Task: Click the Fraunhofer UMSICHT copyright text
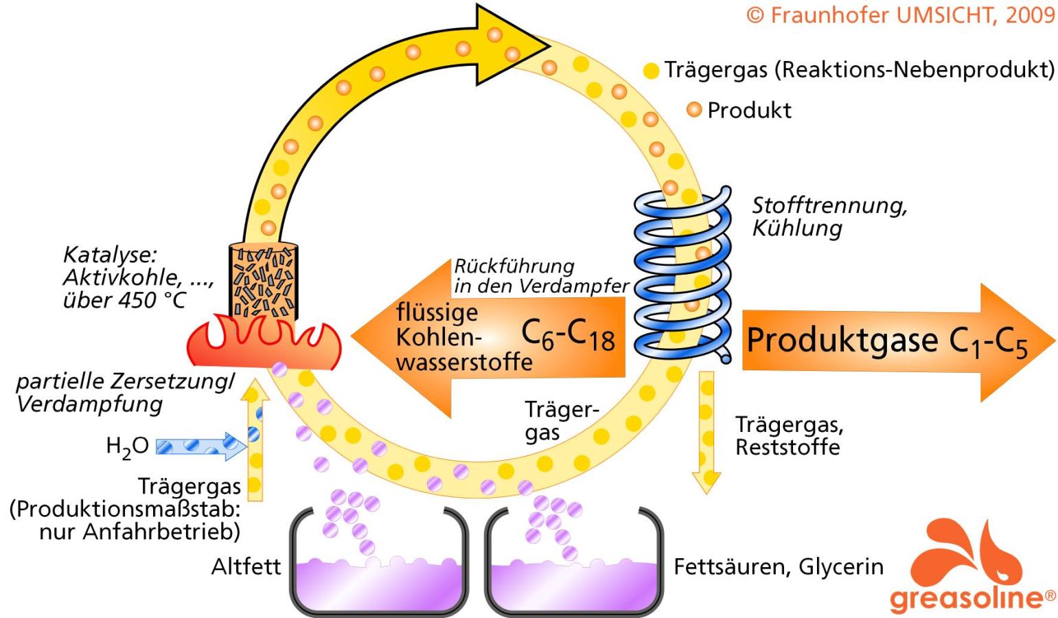[900, 16]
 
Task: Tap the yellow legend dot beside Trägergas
[651, 70]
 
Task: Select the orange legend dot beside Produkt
[695, 109]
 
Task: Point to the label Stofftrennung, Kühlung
[829, 216]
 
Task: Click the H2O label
[127, 447]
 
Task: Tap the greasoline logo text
[972, 597]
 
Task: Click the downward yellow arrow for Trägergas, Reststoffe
[706, 433]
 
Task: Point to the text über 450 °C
[124, 300]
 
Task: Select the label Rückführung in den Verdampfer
[540, 276]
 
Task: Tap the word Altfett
[246, 567]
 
